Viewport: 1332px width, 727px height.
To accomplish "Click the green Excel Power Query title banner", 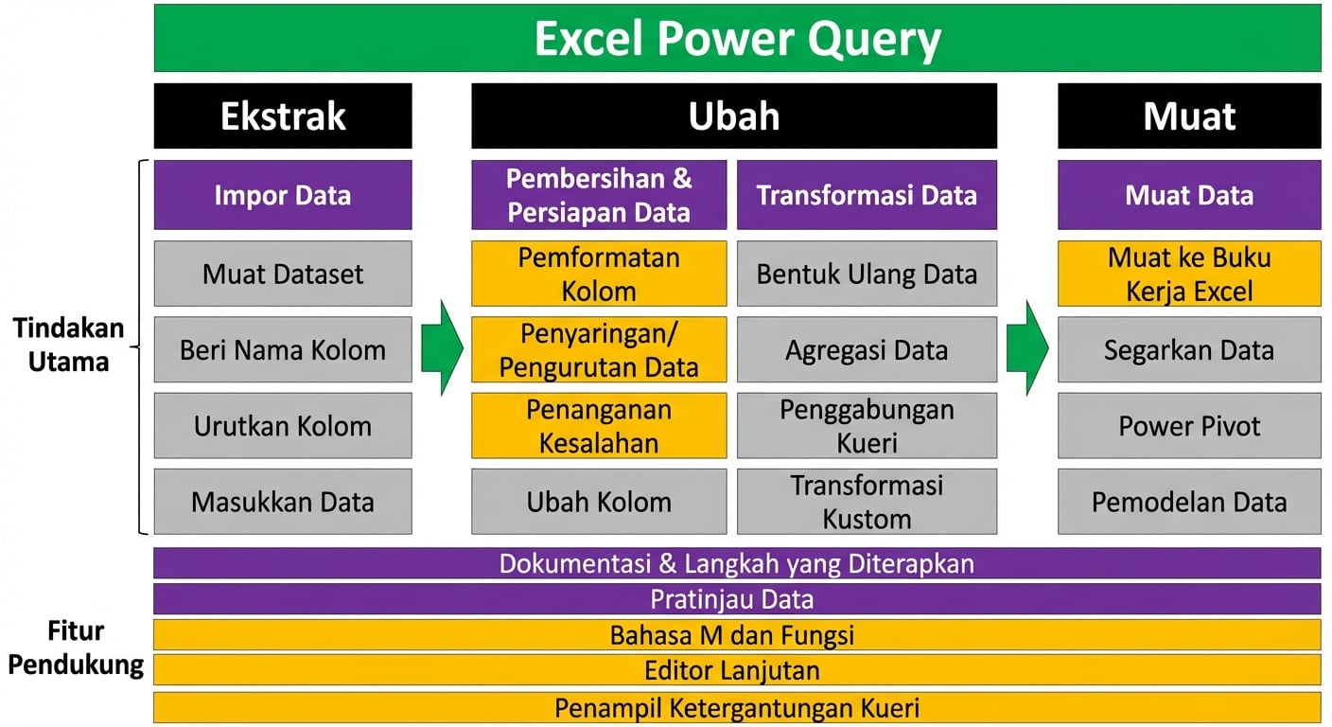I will tap(737, 39).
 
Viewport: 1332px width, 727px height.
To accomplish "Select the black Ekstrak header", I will tap(283, 115).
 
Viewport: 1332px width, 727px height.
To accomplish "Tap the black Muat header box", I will tap(1189, 115).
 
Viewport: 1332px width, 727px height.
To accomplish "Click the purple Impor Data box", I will tap(283, 195).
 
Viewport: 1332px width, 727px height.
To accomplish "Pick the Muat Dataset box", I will tap(283, 274).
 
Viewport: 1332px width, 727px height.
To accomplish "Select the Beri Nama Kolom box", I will tap(283, 349).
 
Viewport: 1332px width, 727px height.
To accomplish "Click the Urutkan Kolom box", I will tap(283, 425).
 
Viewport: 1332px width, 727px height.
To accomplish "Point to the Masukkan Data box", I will tap(283, 501).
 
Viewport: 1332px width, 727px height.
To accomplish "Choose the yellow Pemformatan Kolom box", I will tap(599, 274).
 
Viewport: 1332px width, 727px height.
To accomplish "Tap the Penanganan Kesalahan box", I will tap(599, 425).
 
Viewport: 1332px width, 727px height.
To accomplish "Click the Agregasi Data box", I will tap(867, 349).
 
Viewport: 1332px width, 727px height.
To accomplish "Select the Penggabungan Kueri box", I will tap(867, 425).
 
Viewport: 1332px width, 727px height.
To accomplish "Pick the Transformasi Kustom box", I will tap(867, 501).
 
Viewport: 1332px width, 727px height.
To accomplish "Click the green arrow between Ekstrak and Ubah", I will tap(441, 348).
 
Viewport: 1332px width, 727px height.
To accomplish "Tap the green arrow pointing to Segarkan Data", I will tap(1027, 348).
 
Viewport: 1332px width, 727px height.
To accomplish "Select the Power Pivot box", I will tap(1189, 425).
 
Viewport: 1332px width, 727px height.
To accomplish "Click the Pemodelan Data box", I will tap(1189, 501).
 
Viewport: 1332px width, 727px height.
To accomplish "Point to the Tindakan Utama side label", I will tap(68, 345).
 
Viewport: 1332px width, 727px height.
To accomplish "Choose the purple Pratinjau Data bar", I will tap(737, 598).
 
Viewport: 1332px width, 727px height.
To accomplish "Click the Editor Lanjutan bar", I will tap(737, 670).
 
